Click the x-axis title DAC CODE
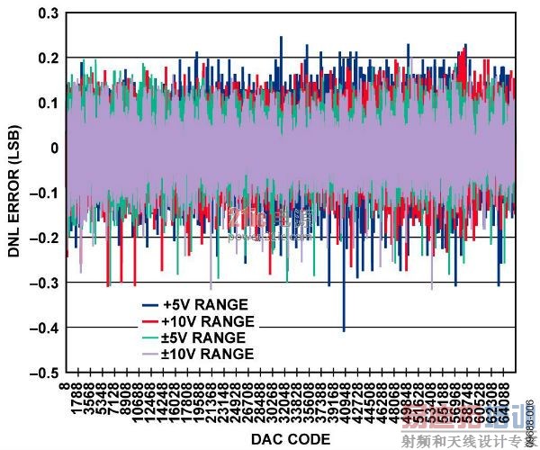click(291, 438)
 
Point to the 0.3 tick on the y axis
click(46, 13)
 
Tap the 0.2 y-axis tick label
click(46, 58)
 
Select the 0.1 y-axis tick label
click(46, 103)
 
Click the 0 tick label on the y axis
click(53, 148)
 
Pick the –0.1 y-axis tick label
click(42, 193)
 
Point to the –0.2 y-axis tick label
click(42, 238)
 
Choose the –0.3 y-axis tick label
click(42, 283)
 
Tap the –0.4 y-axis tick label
click(42, 328)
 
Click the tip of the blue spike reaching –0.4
click(343, 330)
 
